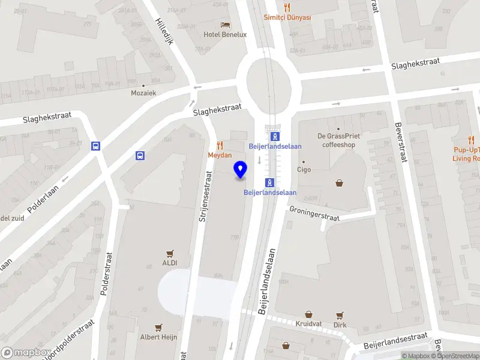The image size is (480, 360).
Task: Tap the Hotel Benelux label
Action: coord(225,34)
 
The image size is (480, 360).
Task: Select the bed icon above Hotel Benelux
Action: coord(225,25)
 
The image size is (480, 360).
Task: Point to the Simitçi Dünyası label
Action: coord(287,17)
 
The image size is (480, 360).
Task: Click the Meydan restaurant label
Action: coord(220,155)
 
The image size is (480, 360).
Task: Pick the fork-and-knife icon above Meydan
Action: coord(220,145)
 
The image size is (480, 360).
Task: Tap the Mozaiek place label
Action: coord(143,93)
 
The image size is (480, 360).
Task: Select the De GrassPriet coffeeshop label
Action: coord(339,140)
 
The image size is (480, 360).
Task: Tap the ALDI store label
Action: coord(169,263)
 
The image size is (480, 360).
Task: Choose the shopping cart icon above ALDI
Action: coord(169,253)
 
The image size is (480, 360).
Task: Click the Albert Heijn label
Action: coord(158,337)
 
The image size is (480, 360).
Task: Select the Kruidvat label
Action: coord(309,324)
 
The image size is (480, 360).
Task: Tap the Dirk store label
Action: coord(340,325)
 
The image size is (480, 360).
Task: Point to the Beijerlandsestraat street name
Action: coord(395,342)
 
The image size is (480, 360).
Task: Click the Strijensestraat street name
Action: coord(206,197)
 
